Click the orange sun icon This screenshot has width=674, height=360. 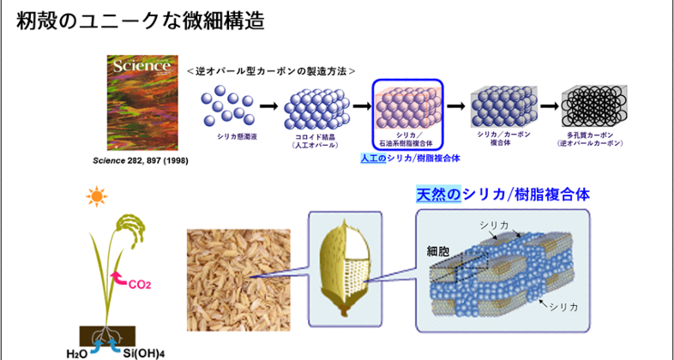point(96,198)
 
